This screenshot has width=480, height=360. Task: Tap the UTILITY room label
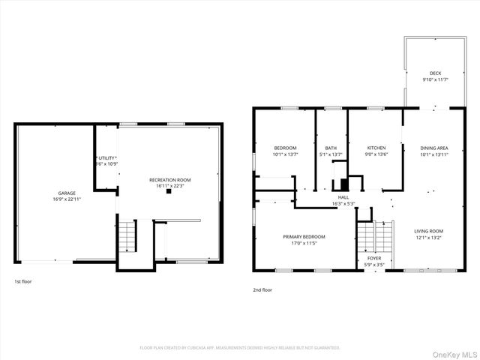[106, 157]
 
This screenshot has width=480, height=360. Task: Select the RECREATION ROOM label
[169, 179]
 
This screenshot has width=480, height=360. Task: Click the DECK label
[435, 73]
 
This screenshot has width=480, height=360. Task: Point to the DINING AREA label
[434, 148]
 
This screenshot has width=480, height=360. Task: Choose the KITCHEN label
[376, 148]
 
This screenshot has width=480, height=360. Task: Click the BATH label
[331, 148]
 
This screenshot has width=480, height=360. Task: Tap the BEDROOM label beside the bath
[285, 148]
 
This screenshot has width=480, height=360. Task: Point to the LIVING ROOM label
[429, 231]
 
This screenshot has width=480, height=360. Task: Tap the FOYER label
[373, 258]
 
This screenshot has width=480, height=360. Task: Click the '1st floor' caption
[22, 281]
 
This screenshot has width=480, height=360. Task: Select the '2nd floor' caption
[262, 289]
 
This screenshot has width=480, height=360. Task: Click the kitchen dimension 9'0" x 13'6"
[376, 154]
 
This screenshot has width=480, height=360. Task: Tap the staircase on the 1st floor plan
[127, 237]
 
